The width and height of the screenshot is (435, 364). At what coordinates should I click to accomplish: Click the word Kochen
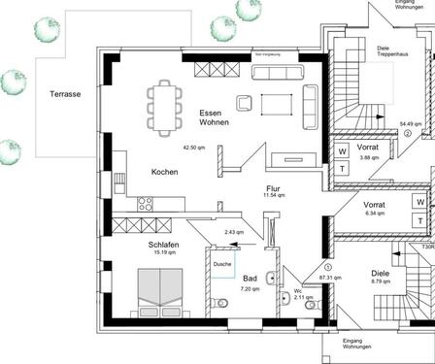click(x=164, y=172)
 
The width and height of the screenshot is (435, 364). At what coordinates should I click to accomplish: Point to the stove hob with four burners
click(x=147, y=204)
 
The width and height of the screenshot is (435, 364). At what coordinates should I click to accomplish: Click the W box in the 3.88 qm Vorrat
click(x=343, y=150)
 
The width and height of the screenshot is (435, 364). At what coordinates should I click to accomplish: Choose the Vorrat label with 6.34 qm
click(x=374, y=206)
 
